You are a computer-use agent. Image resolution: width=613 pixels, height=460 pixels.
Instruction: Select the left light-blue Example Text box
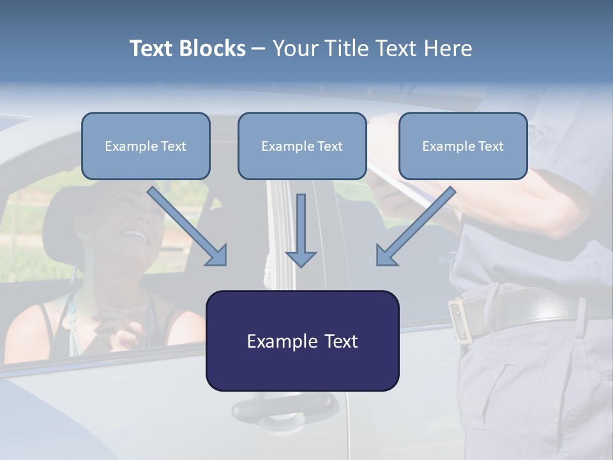point(146,146)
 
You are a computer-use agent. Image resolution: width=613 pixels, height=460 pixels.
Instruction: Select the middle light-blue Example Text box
point(302,146)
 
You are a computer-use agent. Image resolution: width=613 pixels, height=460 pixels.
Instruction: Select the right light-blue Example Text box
point(463,146)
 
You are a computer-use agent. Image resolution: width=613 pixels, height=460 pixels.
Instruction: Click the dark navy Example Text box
point(302,341)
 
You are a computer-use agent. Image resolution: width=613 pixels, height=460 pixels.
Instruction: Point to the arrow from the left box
point(188,227)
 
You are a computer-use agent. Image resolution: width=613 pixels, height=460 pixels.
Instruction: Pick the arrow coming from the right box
point(415,227)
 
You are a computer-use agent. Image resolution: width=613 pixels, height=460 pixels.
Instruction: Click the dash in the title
point(259,49)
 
